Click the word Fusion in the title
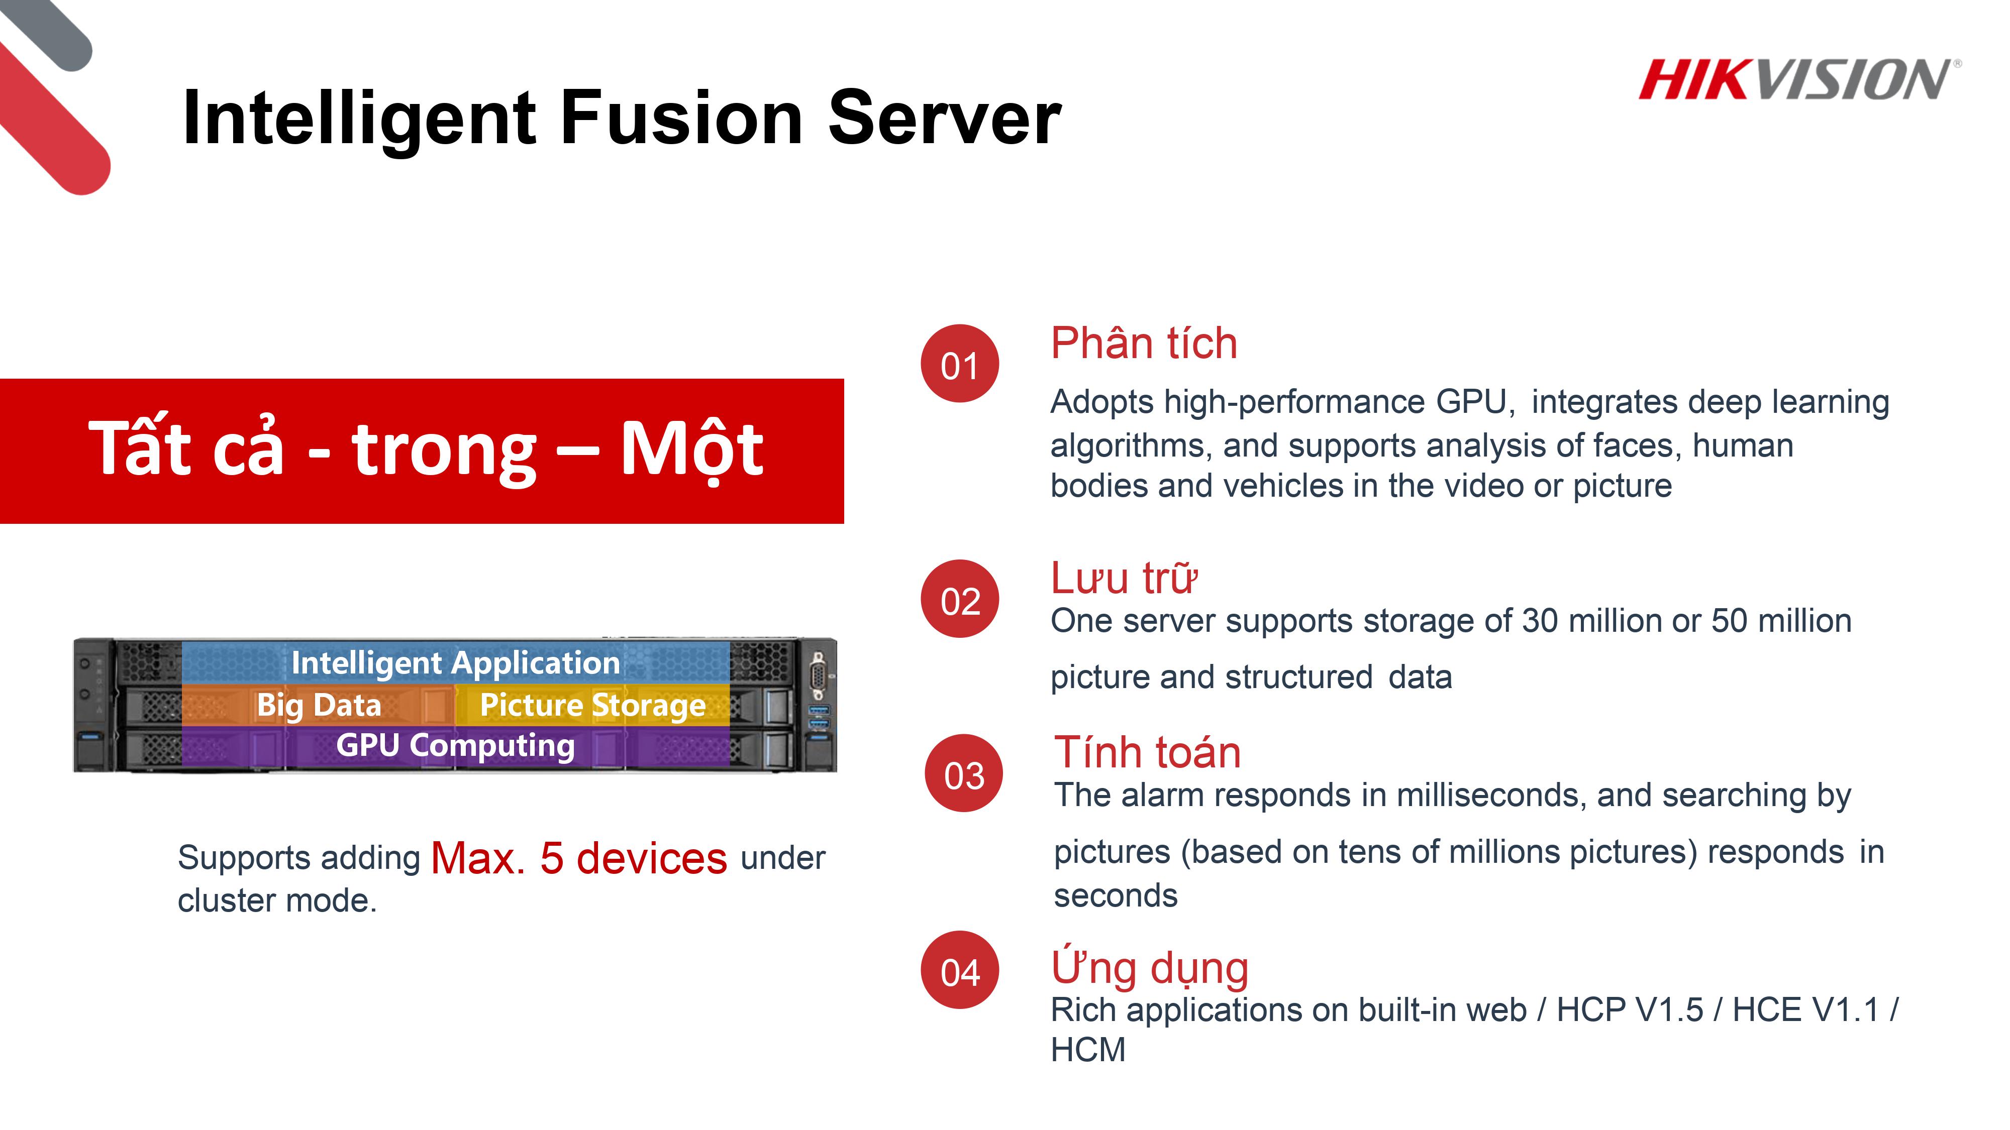point(681,118)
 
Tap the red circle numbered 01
point(960,364)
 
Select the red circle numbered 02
point(960,599)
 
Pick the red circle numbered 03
point(964,773)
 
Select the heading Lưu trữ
point(1124,578)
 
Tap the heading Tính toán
point(1147,752)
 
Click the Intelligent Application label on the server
point(456,663)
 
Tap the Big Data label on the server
point(319,706)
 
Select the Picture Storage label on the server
point(593,706)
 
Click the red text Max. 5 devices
point(579,859)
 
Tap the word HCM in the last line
point(1088,1050)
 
